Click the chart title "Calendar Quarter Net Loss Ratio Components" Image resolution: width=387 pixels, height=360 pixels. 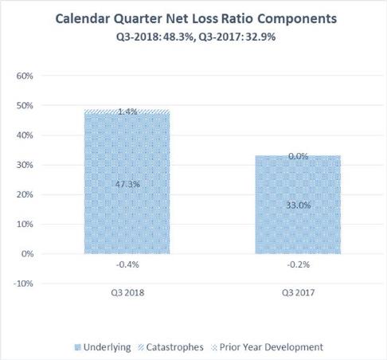[196, 19]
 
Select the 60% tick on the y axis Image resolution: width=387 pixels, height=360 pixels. [25, 76]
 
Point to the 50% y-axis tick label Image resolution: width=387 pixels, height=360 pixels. [25, 106]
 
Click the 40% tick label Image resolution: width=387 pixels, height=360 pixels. [25, 135]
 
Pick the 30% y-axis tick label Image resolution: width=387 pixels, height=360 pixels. [25, 165]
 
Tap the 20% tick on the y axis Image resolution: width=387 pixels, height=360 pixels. [25, 195]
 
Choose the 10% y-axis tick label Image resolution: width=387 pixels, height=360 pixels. [25, 225]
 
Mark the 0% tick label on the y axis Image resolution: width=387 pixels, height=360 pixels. [27, 254]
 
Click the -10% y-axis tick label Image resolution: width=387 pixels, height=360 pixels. [23, 284]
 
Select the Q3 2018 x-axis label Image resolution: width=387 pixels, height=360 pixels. [127, 293]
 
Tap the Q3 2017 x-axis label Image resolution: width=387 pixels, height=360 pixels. [299, 293]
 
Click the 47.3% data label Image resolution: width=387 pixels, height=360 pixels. [127, 184]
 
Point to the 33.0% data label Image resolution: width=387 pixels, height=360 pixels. [299, 205]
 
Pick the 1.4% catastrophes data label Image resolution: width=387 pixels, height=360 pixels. [127, 112]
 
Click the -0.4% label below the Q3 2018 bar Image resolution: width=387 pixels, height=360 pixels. [127, 264]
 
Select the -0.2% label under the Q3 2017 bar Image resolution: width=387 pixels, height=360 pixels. [299, 264]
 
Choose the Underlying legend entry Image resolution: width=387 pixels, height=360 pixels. [103, 347]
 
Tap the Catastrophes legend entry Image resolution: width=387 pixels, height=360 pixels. [171, 347]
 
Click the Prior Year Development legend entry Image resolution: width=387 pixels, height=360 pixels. [268, 347]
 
